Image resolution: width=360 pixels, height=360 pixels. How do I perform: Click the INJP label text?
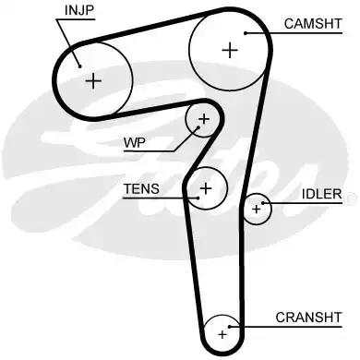point(79,11)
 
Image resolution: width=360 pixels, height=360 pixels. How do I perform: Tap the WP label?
point(135,143)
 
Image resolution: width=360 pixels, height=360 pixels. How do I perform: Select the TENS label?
point(141,189)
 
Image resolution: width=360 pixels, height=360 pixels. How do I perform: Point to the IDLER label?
point(321,195)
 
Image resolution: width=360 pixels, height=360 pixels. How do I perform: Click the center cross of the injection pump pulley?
point(92,80)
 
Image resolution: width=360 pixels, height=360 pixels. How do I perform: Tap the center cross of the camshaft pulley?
point(228,50)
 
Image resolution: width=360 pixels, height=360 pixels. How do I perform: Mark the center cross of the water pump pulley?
point(204,119)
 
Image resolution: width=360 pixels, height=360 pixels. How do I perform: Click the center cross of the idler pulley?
point(258,210)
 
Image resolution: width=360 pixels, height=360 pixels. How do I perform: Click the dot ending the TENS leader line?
point(197,197)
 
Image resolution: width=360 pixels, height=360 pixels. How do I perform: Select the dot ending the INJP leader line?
point(81,64)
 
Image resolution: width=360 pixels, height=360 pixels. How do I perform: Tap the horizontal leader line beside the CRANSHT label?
point(254,326)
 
